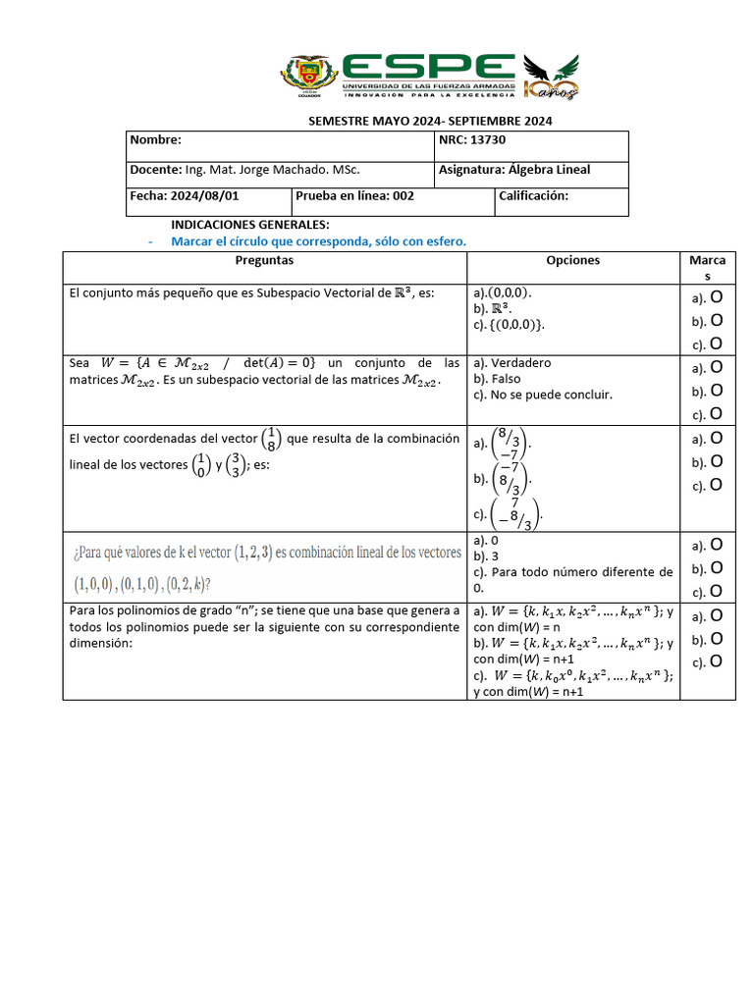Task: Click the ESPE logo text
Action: click(x=429, y=68)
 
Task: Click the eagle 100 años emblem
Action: click(x=551, y=78)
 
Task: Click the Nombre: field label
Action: click(x=156, y=140)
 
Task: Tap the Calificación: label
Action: click(x=534, y=195)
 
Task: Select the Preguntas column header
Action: click(x=264, y=261)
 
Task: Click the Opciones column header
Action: click(x=572, y=261)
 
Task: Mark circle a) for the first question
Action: click(x=718, y=296)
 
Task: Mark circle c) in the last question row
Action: click(x=718, y=662)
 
